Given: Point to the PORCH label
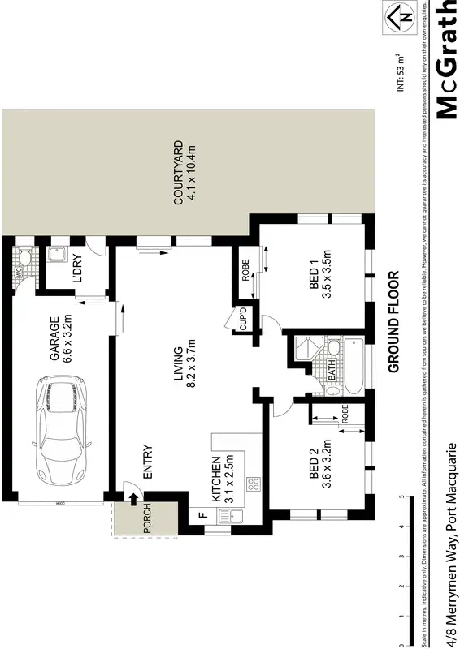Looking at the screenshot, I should tap(147, 519).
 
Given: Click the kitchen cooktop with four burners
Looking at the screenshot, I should tap(253, 485).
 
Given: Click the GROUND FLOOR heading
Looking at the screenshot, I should tap(395, 320).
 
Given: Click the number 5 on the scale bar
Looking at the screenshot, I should tap(400, 496).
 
